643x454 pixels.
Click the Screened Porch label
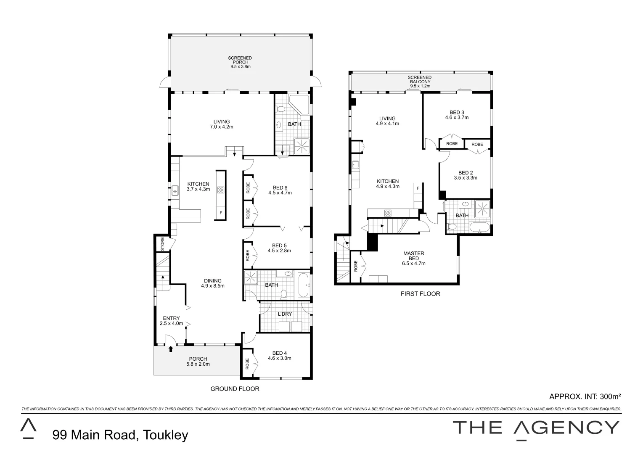[240, 62]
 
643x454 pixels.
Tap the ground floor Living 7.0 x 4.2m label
[221, 124]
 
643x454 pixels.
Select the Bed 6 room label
[280, 190]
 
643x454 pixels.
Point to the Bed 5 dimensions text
[279, 251]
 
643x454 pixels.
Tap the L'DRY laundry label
[285, 314]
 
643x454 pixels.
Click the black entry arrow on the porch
[170, 348]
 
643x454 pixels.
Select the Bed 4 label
[279, 356]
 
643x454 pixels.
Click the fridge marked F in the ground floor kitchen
[221, 213]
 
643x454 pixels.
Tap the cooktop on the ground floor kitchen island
[221, 190]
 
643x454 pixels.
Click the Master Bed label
[413, 259]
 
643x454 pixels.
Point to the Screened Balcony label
[419, 82]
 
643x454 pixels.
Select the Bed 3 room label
[457, 115]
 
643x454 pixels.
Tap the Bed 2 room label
[465, 175]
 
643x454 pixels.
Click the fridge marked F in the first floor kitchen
[418, 188]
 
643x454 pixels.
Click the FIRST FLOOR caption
[420, 294]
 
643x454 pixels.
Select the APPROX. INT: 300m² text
[585, 396]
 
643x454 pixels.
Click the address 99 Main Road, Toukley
[120, 435]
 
